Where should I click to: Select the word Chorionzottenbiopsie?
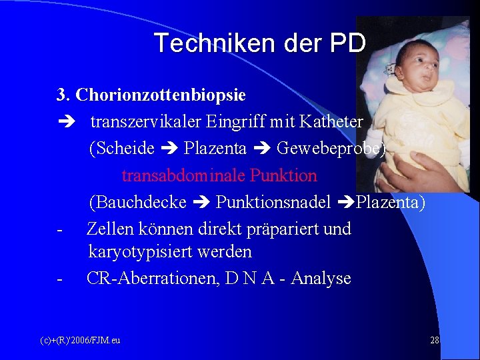pos(161,95)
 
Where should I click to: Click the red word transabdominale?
pos(184,176)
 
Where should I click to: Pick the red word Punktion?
pos(284,176)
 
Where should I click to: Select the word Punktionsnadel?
pos(273,202)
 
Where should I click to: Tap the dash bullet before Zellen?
pos(60,229)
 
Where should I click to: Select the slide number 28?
pos(435,341)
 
